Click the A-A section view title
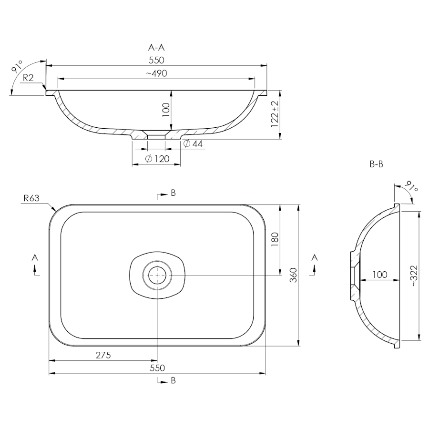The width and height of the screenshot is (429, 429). tap(156, 48)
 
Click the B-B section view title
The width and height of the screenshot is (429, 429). tap(376, 164)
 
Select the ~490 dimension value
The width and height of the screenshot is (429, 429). tap(156, 73)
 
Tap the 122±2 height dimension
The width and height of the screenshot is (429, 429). tap(275, 114)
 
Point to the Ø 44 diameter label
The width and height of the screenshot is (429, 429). tap(193, 143)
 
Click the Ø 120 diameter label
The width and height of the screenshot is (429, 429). tap(157, 159)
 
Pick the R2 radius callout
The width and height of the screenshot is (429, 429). tap(28, 78)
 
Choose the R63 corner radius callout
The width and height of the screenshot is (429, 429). tap(31, 198)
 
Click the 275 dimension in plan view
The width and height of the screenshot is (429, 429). tap(103, 355)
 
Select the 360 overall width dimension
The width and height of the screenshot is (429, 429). tap(293, 275)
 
